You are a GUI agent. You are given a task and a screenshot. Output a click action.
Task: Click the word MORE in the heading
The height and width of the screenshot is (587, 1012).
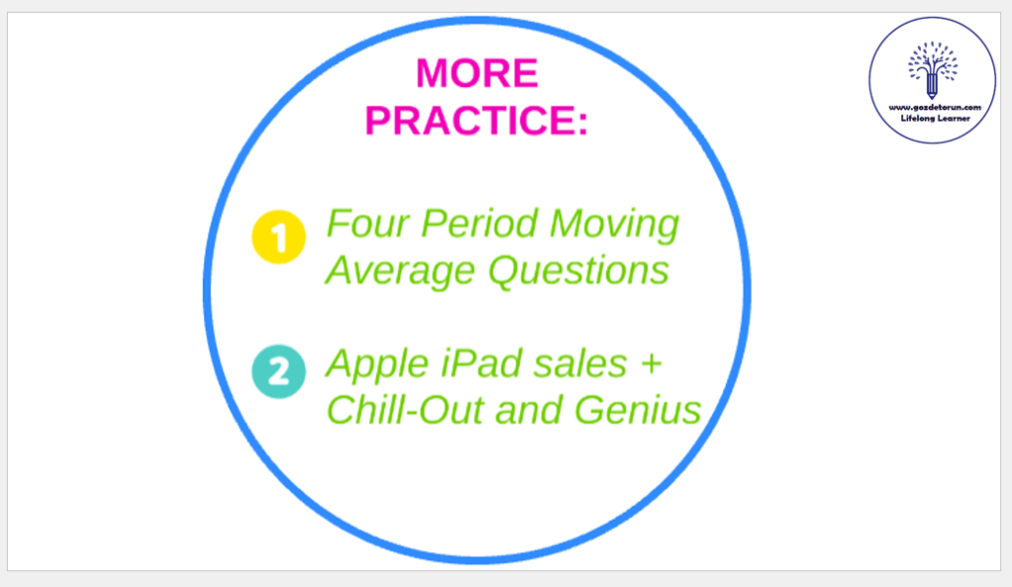tap(477, 73)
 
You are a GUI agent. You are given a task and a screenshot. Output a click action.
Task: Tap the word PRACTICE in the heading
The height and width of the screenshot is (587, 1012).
tap(471, 120)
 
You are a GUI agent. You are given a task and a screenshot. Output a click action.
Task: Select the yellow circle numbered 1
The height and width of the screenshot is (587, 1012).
tap(278, 237)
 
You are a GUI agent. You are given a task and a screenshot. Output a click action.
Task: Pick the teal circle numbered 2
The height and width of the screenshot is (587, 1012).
tap(278, 372)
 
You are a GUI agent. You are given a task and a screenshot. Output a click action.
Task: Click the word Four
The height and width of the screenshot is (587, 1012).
tap(368, 223)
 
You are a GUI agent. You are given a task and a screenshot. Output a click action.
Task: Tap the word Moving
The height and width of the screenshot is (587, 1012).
tap(613, 225)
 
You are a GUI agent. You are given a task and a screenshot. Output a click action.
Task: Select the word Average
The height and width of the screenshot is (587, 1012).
tap(401, 271)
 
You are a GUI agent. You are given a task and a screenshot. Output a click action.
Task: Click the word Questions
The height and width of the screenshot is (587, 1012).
tap(579, 270)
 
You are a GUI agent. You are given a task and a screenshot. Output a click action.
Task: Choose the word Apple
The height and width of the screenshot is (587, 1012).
tap(377, 365)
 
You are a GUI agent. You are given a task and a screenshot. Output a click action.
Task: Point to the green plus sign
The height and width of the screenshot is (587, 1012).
tap(651, 364)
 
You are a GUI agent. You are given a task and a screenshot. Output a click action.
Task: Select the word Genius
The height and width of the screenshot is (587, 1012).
tap(637, 409)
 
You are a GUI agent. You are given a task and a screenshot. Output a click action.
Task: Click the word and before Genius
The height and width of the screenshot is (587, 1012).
tap(528, 410)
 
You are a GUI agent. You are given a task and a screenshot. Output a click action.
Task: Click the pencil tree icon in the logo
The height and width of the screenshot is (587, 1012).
tap(932, 69)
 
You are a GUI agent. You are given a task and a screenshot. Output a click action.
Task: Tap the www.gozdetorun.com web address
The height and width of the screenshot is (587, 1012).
tap(935, 108)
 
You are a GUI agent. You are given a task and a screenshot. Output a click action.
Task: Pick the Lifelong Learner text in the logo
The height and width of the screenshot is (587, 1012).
tap(935, 119)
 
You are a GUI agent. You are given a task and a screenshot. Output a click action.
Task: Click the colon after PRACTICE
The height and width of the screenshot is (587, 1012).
tap(583, 123)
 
